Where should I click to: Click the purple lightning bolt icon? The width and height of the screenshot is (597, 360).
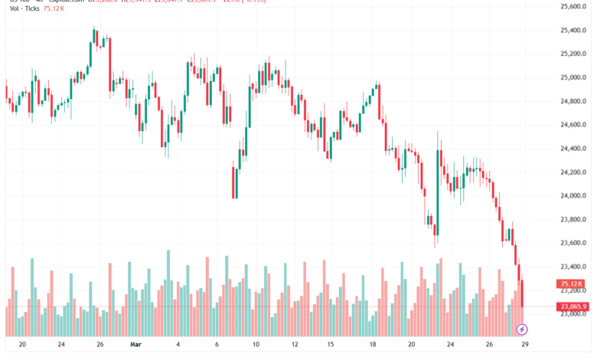pyautogui.click(x=522, y=329)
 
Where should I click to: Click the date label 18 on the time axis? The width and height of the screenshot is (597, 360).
pyautogui.click(x=373, y=345)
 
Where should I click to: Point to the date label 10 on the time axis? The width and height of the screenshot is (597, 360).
pyautogui.click(x=256, y=345)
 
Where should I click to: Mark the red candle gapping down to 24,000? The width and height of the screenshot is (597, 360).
pyautogui.click(x=233, y=181)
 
